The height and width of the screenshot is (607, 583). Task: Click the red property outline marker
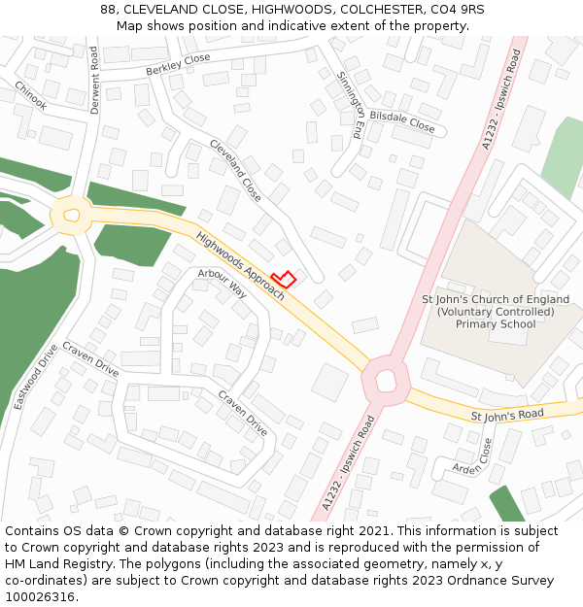click(283, 279)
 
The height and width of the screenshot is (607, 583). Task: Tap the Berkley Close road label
click(178, 65)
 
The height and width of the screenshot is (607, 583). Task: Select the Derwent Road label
click(95, 81)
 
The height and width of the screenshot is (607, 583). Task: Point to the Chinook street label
click(30, 94)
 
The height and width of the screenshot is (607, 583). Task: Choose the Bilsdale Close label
click(402, 119)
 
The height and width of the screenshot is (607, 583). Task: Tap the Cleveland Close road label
click(235, 170)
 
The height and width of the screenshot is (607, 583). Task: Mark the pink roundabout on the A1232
click(387, 379)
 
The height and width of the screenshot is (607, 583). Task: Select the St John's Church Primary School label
click(496, 311)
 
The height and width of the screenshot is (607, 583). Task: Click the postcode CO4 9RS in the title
click(456, 10)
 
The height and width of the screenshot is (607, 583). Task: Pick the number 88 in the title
click(108, 10)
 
